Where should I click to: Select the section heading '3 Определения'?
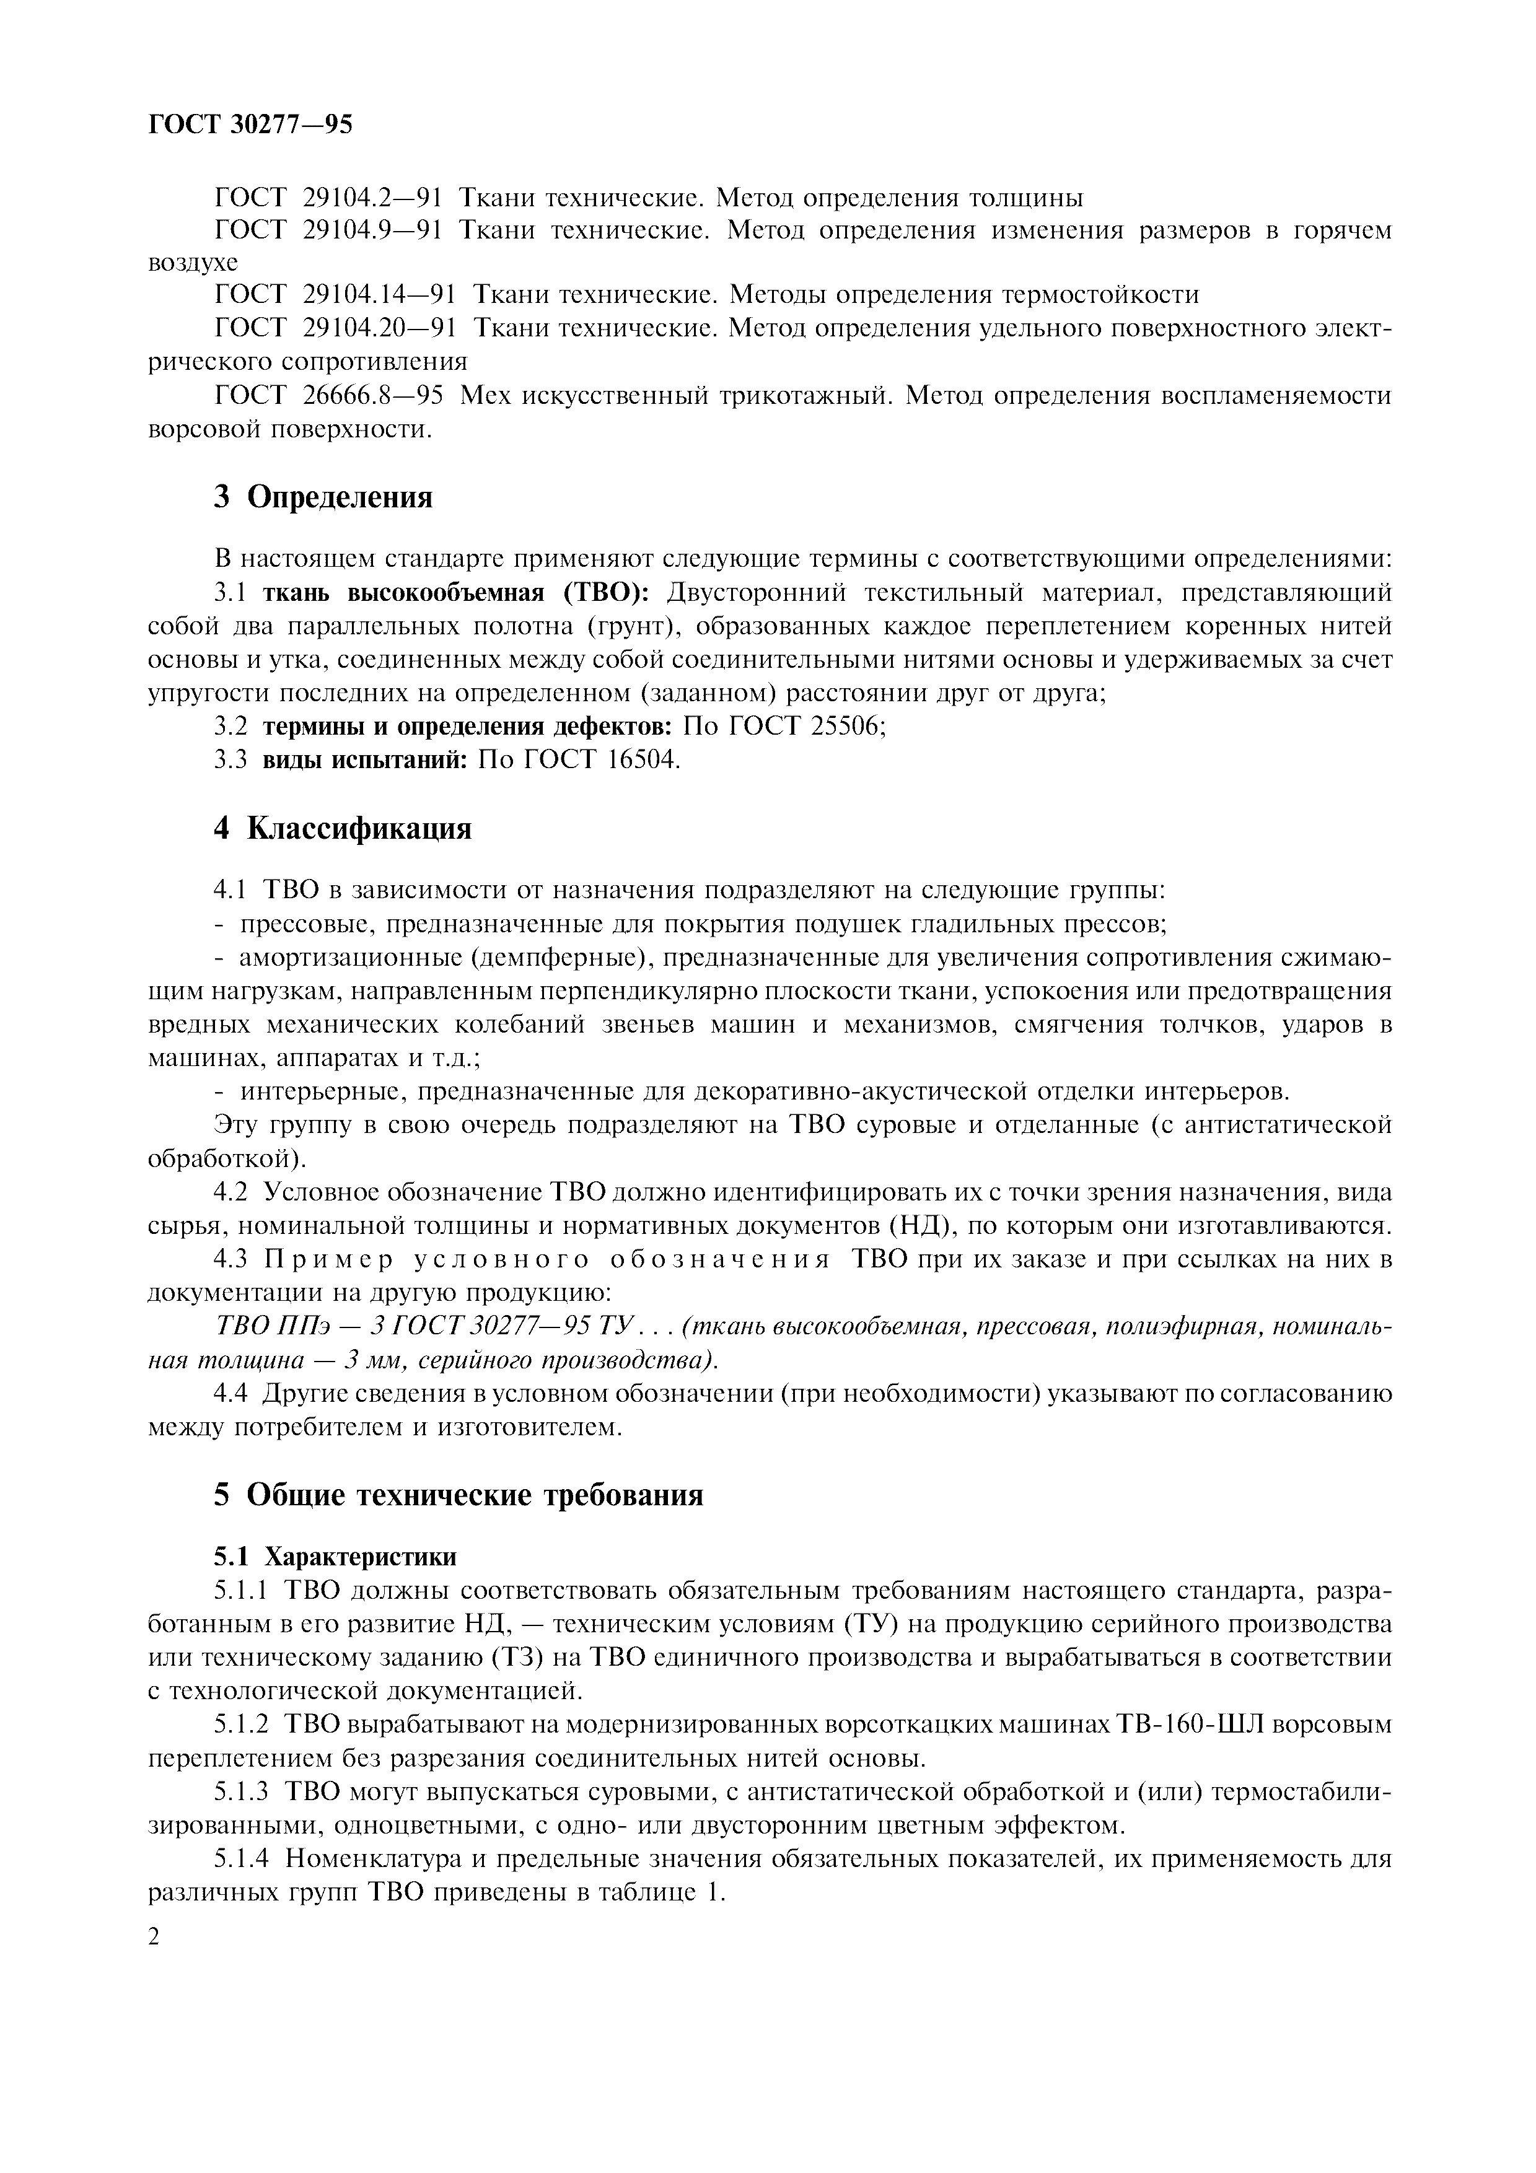(x=323, y=497)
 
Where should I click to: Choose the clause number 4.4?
(x=232, y=1394)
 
